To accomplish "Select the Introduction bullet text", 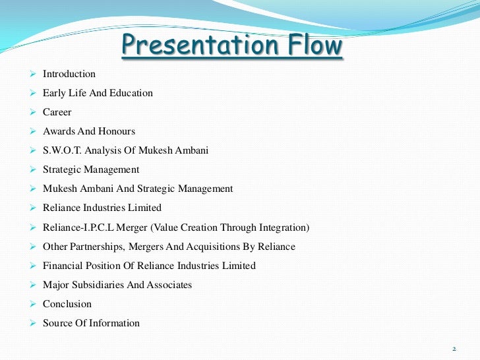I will (x=69, y=75).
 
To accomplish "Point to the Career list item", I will (x=57, y=113).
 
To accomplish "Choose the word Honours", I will (x=117, y=132).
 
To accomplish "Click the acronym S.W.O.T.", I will (x=63, y=151).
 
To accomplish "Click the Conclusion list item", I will (x=67, y=304).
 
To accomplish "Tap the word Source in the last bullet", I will (x=57, y=323).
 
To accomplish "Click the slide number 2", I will (x=455, y=347).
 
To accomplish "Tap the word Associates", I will (x=170, y=285).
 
